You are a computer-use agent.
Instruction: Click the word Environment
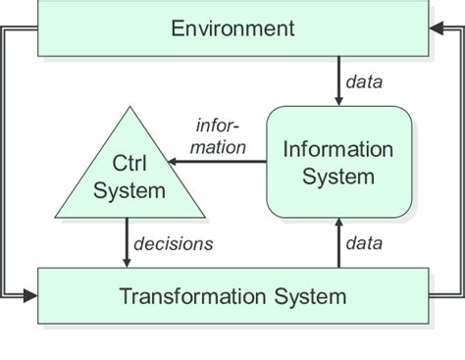tap(232, 27)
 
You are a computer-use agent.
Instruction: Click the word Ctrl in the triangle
tap(129, 160)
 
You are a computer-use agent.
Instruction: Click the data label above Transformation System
tap(364, 241)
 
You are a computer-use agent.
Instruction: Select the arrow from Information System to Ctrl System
tap(224, 163)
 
